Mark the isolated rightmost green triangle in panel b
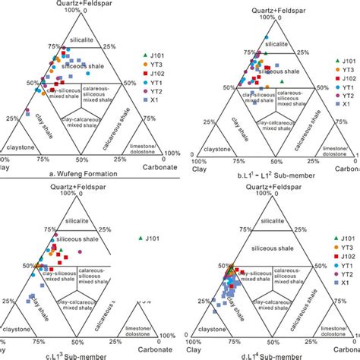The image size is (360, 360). click(x=282, y=81)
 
